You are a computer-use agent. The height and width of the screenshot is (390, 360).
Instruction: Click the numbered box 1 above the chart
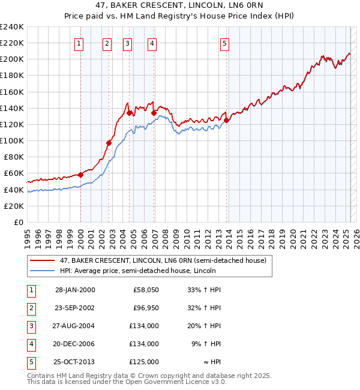point(80,43)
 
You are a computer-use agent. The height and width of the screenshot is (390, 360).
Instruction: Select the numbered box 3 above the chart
point(128,43)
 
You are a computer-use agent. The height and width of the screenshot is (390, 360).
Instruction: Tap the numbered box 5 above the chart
point(224,43)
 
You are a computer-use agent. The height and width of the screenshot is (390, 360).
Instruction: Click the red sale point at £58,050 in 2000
point(80,175)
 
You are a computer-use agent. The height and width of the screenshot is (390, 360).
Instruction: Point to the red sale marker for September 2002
point(109,143)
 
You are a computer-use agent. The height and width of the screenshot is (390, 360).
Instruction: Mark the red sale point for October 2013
point(226,120)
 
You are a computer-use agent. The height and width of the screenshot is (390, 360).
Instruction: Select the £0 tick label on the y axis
point(18,222)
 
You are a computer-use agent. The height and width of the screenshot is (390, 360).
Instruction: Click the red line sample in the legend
point(43,260)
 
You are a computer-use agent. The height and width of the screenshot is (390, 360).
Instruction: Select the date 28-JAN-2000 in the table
point(75,290)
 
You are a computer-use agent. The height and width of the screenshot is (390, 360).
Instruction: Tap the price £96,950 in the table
point(144,308)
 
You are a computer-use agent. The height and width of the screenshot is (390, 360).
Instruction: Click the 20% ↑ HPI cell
point(206,326)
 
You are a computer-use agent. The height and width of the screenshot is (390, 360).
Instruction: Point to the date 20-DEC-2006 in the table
point(75,344)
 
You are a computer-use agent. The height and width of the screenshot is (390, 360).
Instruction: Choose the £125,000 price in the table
point(144,362)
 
